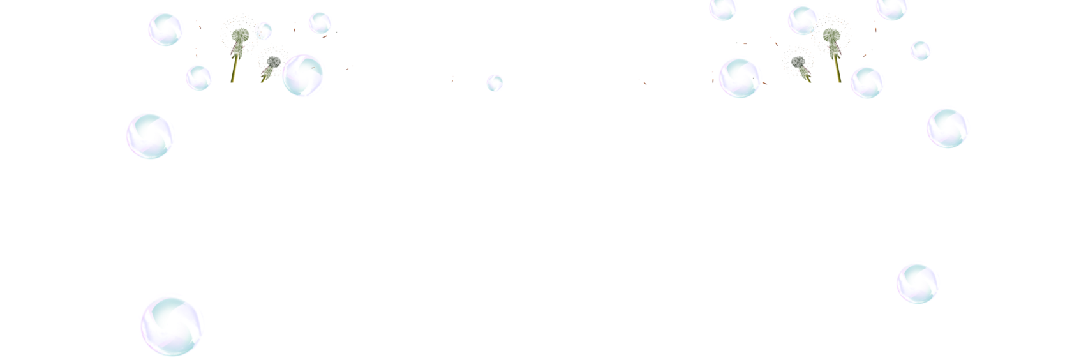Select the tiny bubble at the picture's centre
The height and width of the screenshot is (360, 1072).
[495, 82]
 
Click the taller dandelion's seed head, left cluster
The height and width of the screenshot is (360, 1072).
[239, 35]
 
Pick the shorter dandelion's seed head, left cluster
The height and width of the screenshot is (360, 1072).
[273, 61]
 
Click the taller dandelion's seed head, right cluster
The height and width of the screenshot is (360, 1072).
[830, 35]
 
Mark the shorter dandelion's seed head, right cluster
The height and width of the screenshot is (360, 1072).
[797, 61]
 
